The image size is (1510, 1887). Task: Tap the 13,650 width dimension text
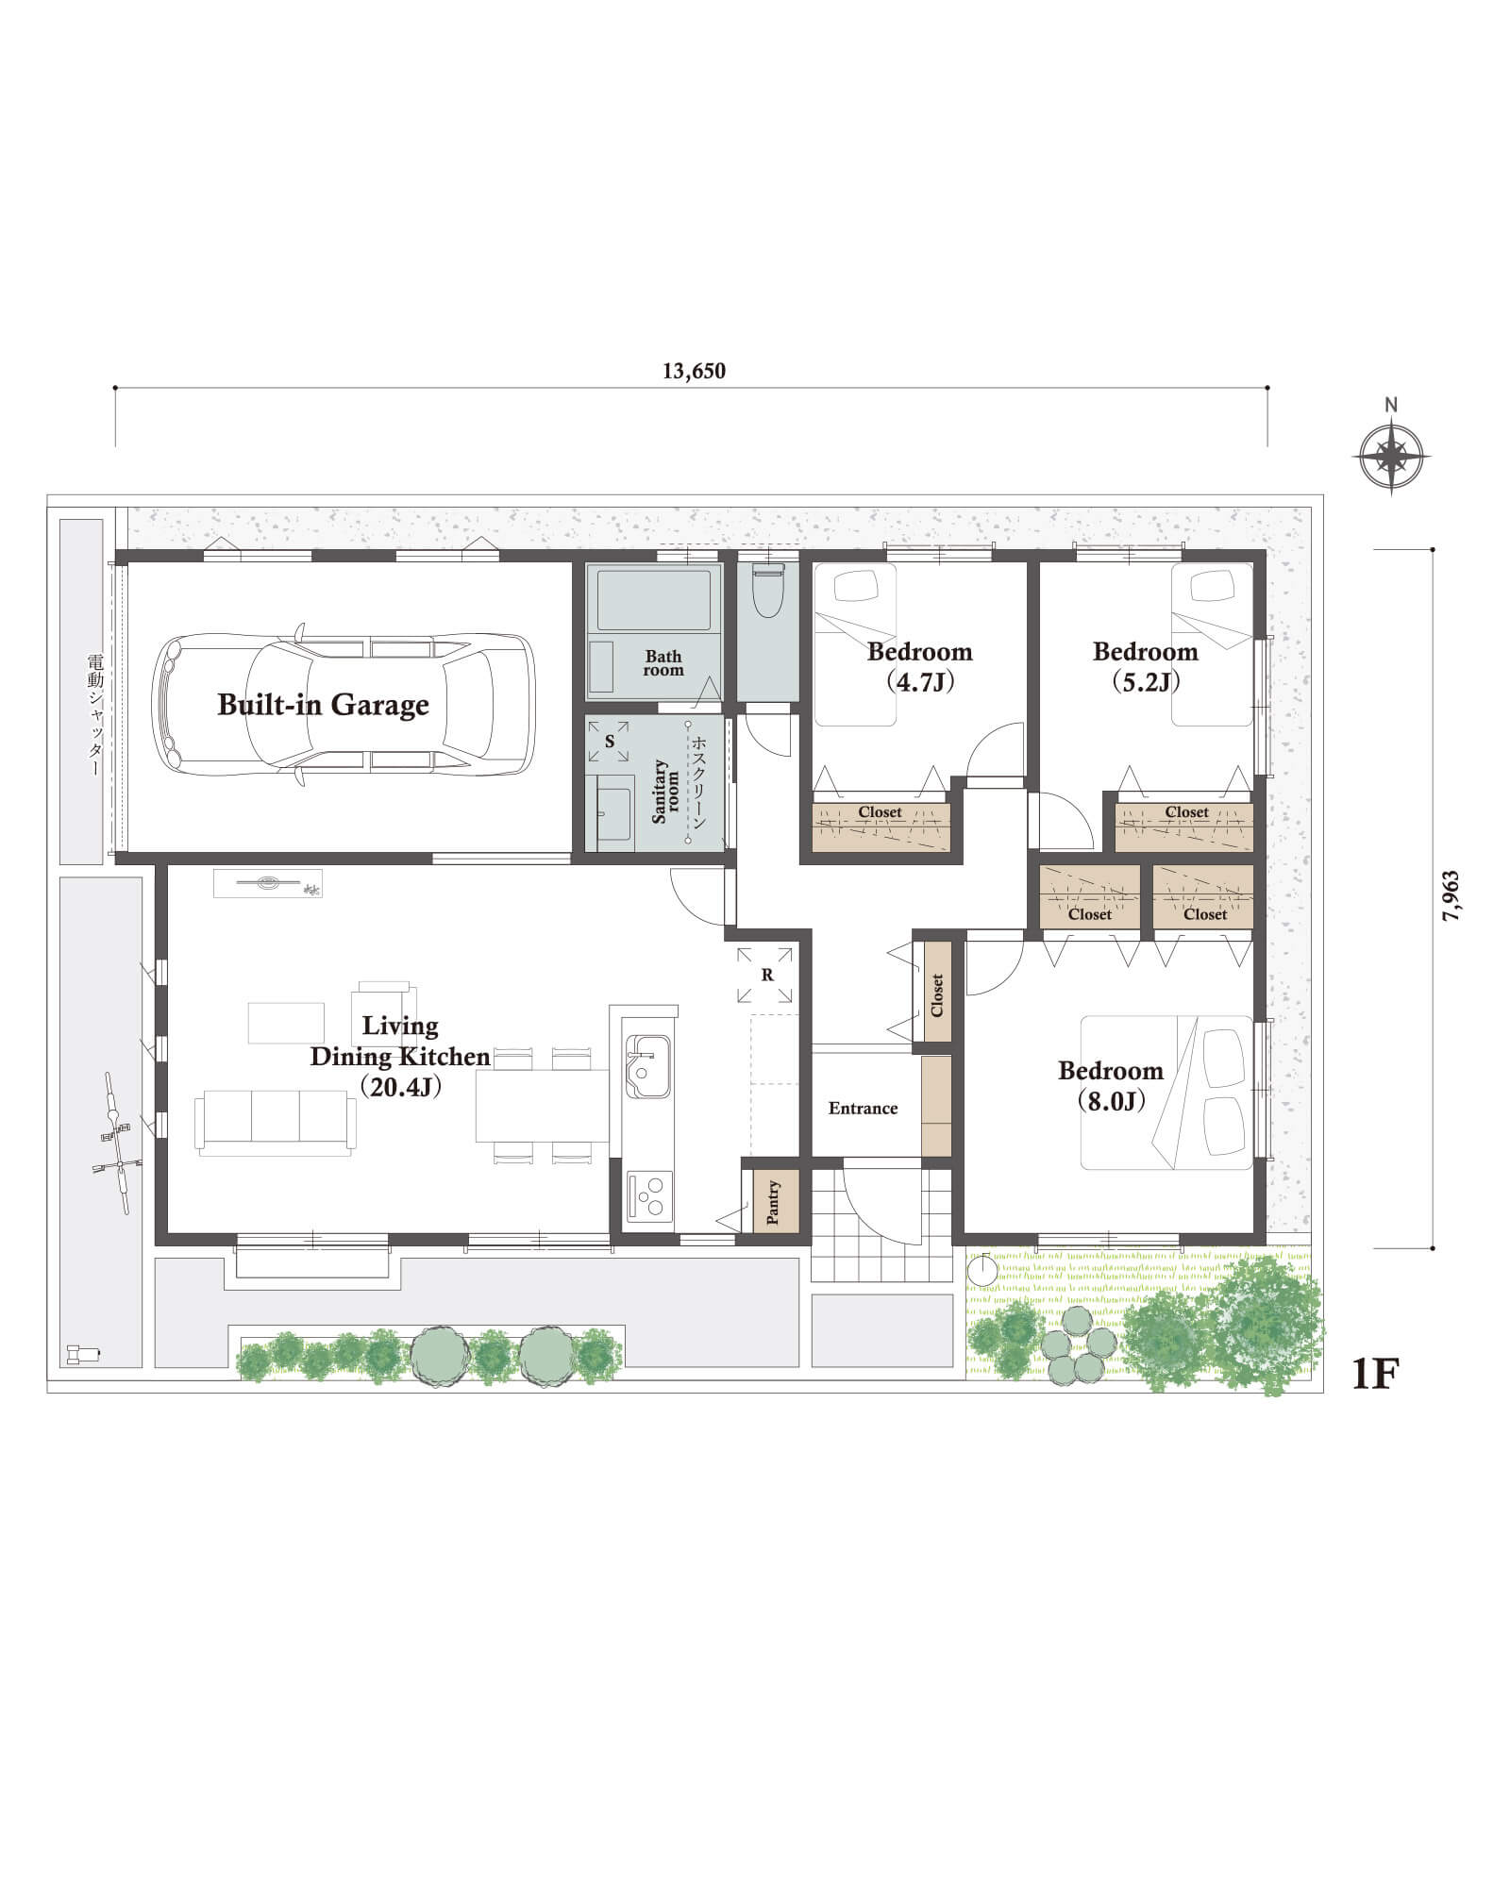(694, 371)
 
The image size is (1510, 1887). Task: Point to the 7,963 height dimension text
(1451, 895)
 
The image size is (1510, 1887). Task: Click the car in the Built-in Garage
(344, 704)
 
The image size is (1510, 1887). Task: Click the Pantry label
(773, 1202)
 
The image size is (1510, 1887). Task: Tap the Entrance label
(863, 1109)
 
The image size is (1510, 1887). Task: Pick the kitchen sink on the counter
(647, 1067)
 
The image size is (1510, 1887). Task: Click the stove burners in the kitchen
(649, 1196)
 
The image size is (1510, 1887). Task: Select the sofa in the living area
(276, 1122)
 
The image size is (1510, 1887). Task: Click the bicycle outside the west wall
(114, 1143)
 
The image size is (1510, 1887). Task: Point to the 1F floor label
(1374, 1375)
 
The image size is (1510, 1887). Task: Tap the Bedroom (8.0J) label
(1111, 1085)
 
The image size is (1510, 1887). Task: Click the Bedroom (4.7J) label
(919, 666)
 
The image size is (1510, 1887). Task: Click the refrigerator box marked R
(767, 976)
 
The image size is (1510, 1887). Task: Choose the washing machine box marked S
(610, 742)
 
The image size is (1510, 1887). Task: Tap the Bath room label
(663, 663)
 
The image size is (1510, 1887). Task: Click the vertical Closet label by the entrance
(937, 994)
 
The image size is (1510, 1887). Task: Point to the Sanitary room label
(666, 792)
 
